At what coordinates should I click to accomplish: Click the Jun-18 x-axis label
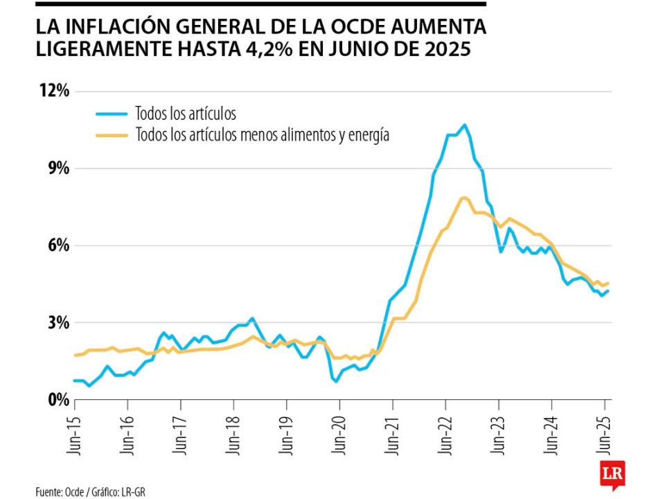pos(233,434)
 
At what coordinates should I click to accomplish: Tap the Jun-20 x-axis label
pos(339,434)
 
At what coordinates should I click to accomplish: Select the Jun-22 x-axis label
pos(445,434)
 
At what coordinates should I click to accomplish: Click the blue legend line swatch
pos(111,114)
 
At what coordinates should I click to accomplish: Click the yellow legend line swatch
pos(111,134)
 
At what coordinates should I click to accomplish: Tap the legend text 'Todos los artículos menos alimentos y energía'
pos(263,134)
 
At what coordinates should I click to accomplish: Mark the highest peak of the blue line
pos(464,125)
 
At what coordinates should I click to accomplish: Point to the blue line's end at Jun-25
pos(608,290)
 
